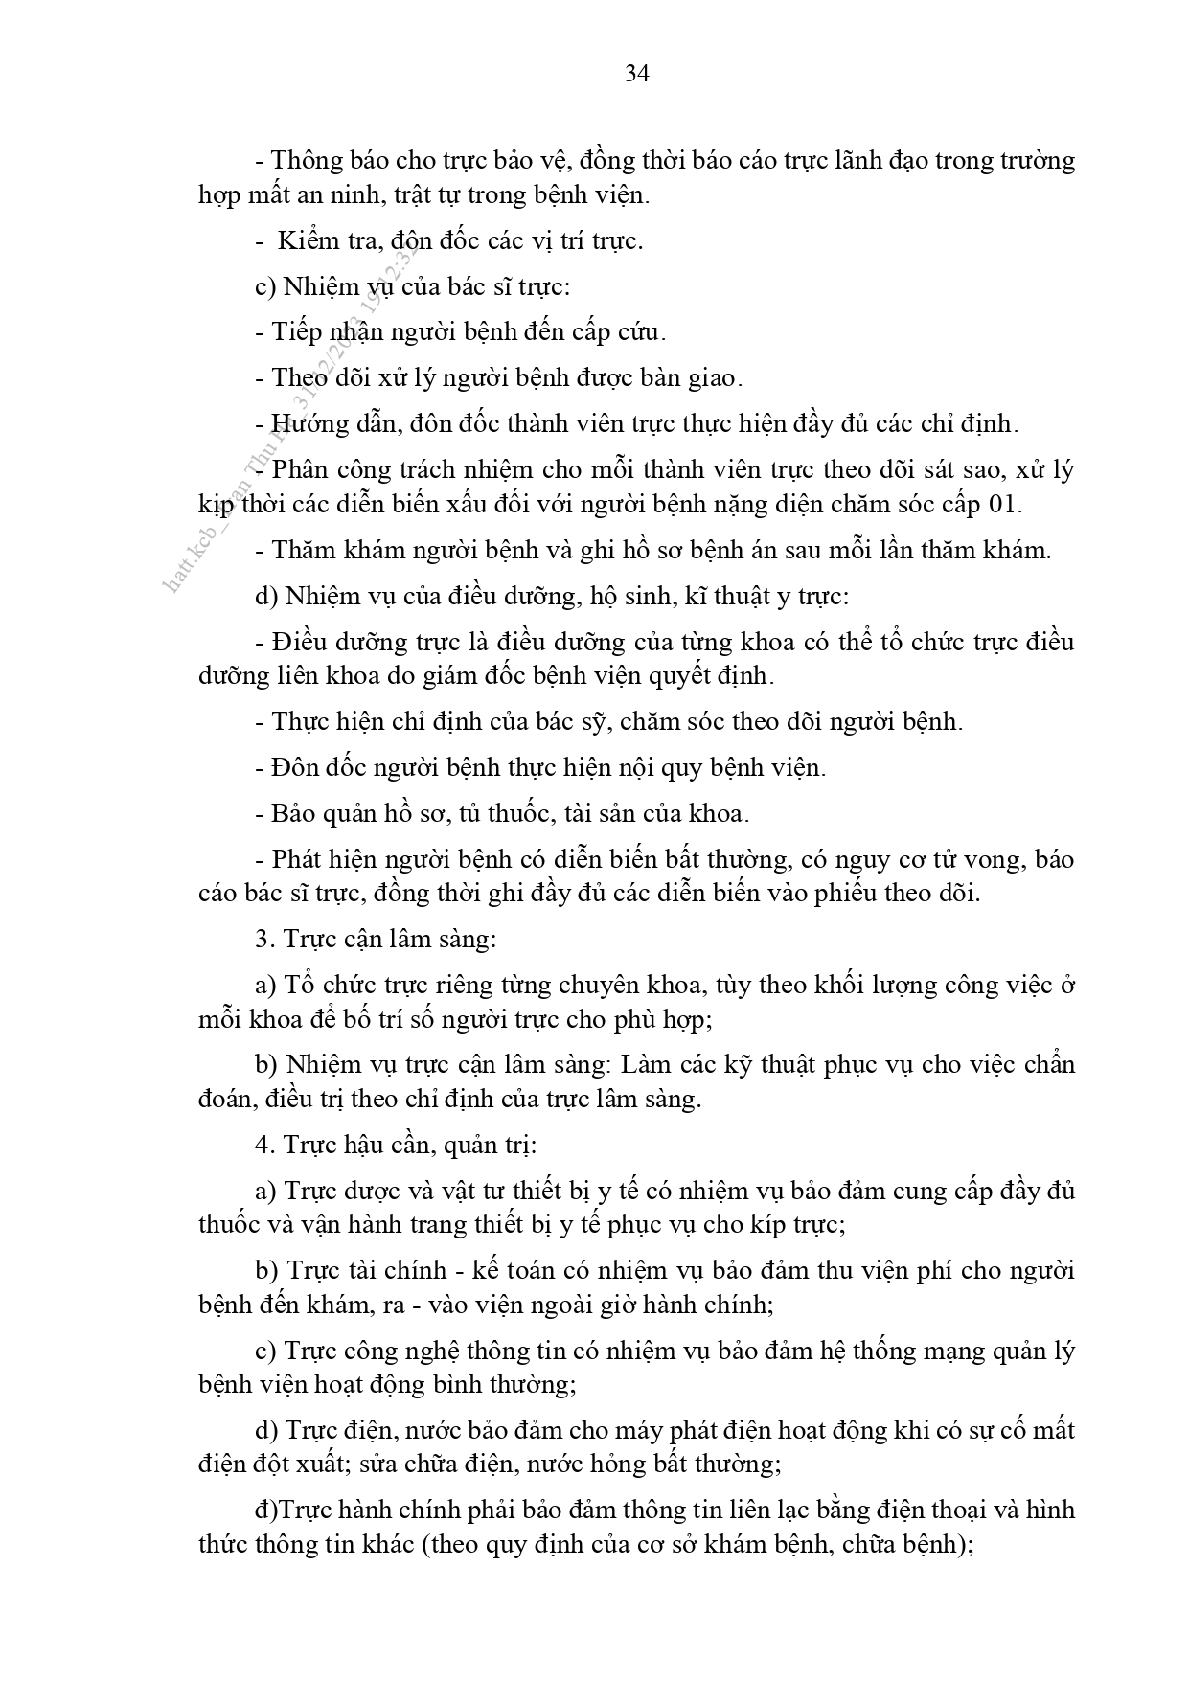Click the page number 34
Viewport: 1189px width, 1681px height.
[x=637, y=74]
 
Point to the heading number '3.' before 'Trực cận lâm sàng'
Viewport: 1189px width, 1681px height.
[x=264, y=939]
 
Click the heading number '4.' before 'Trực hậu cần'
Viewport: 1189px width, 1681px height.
[x=264, y=1145]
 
